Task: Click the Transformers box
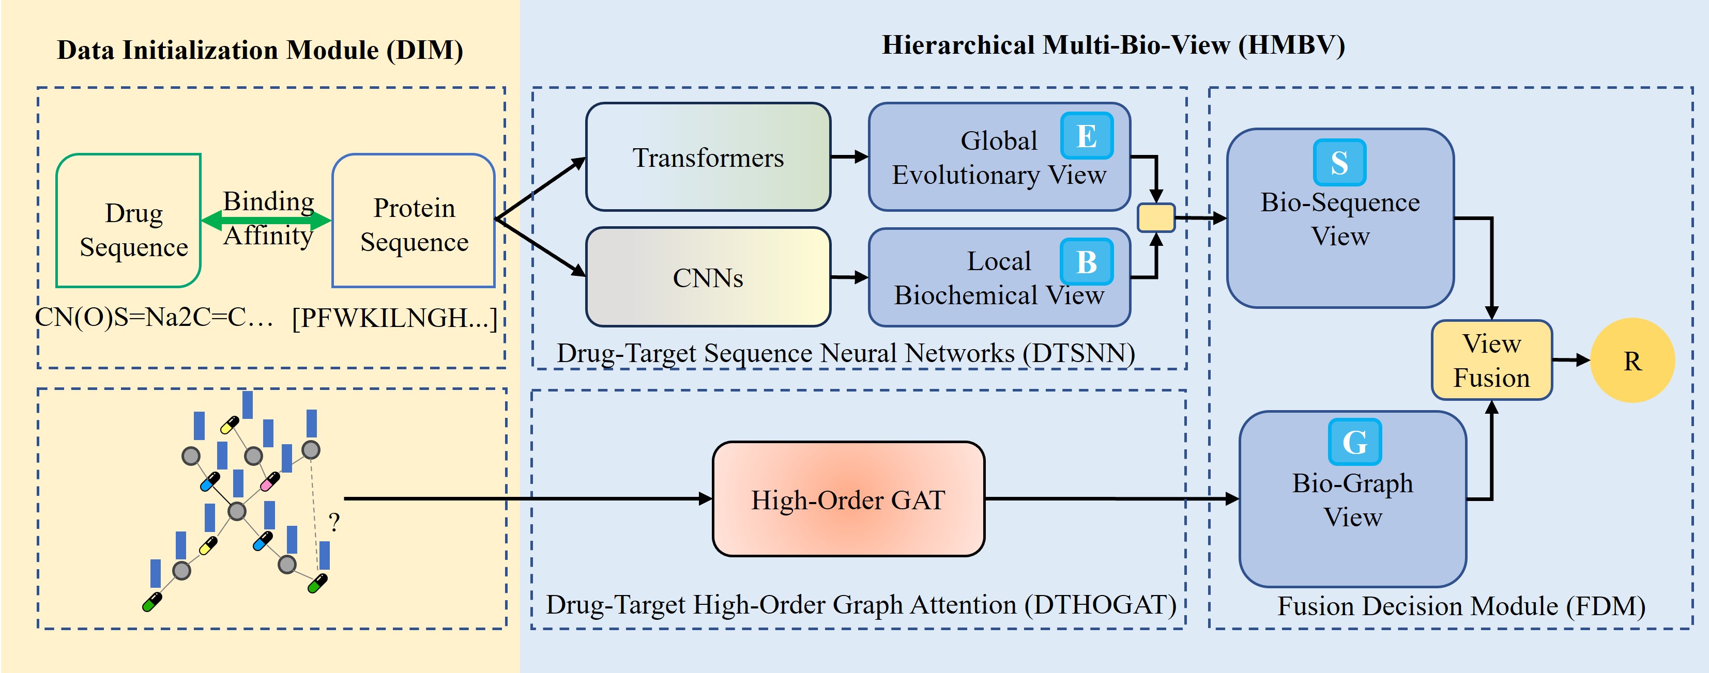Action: [x=708, y=157]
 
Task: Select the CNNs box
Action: [x=708, y=277]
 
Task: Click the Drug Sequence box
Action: [x=129, y=221]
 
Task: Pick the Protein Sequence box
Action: [x=414, y=221]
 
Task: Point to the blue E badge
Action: [x=1086, y=136]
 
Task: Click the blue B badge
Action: [x=1086, y=262]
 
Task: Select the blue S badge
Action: [x=1339, y=163]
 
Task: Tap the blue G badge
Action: [x=1354, y=442]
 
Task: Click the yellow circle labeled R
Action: [x=1632, y=361]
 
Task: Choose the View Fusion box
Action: [x=1491, y=361]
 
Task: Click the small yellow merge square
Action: [x=1156, y=217]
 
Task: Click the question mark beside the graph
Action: [x=334, y=523]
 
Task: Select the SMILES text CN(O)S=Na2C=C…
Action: [x=154, y=318]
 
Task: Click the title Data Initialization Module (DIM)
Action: [x=260, y=51]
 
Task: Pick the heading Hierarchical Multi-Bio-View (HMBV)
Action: [x=1112, y=45]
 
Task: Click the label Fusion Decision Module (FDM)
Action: [x=1461, y=606]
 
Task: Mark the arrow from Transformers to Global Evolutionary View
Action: [x=849, y=157]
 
